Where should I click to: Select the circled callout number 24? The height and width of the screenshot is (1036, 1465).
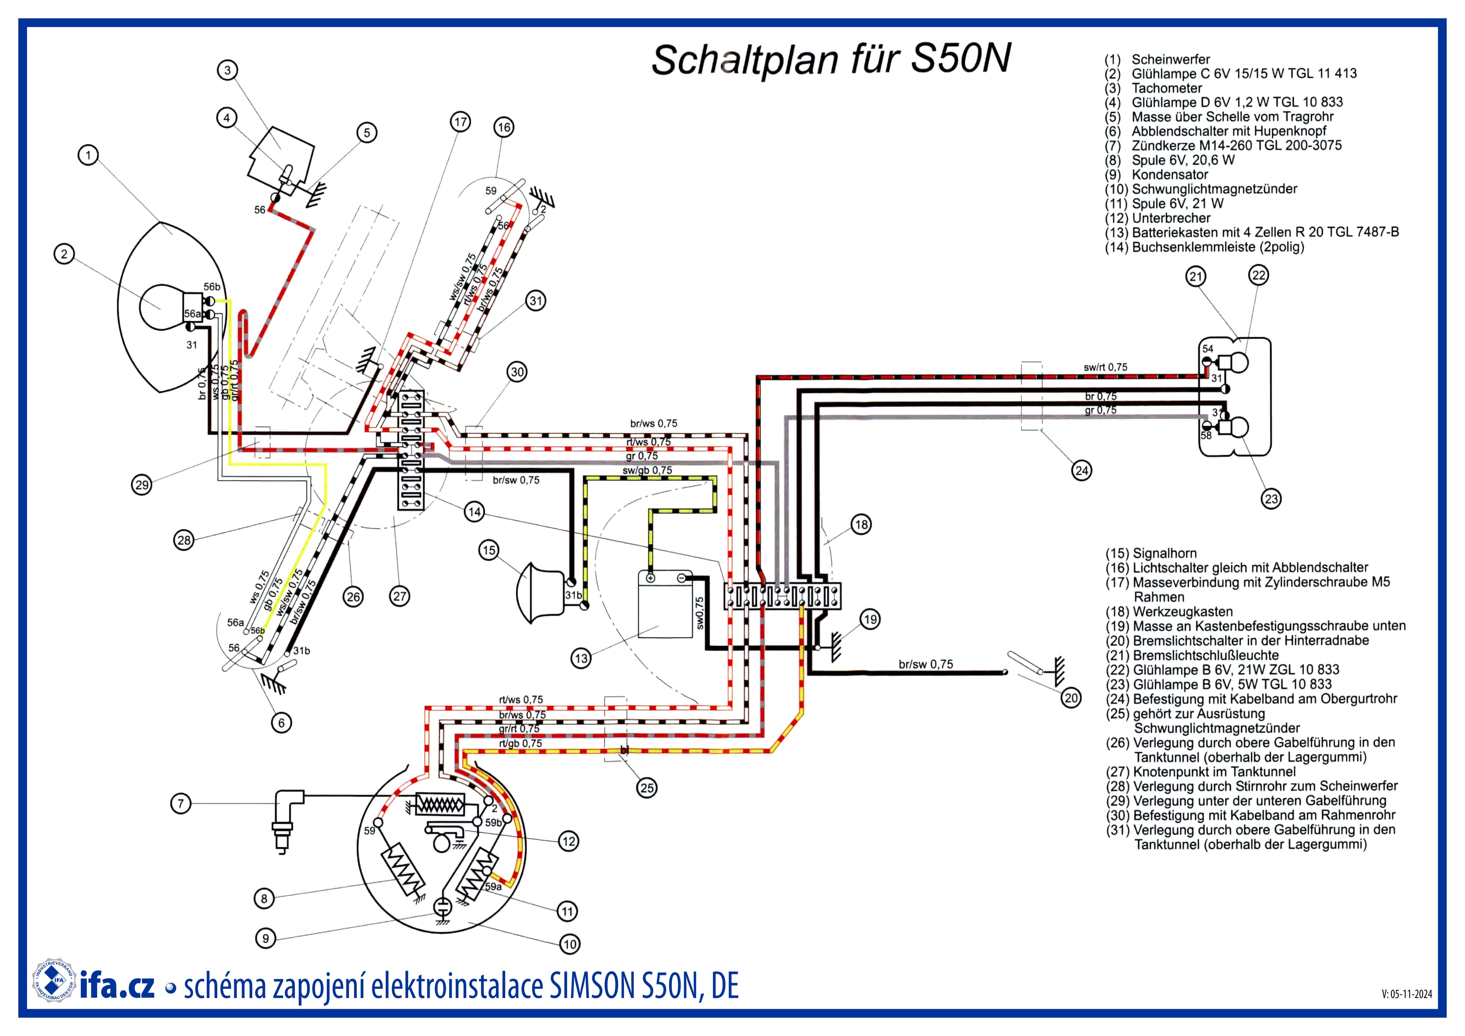[x=1082, y=471]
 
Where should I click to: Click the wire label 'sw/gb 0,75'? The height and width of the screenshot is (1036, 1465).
[x=647, y=470]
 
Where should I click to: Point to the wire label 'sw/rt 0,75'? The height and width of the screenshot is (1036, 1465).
[x=1105, y=367]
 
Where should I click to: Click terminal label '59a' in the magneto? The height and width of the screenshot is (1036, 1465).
[x=493, y=887]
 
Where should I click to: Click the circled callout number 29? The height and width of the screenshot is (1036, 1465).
[x=142, y=485]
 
